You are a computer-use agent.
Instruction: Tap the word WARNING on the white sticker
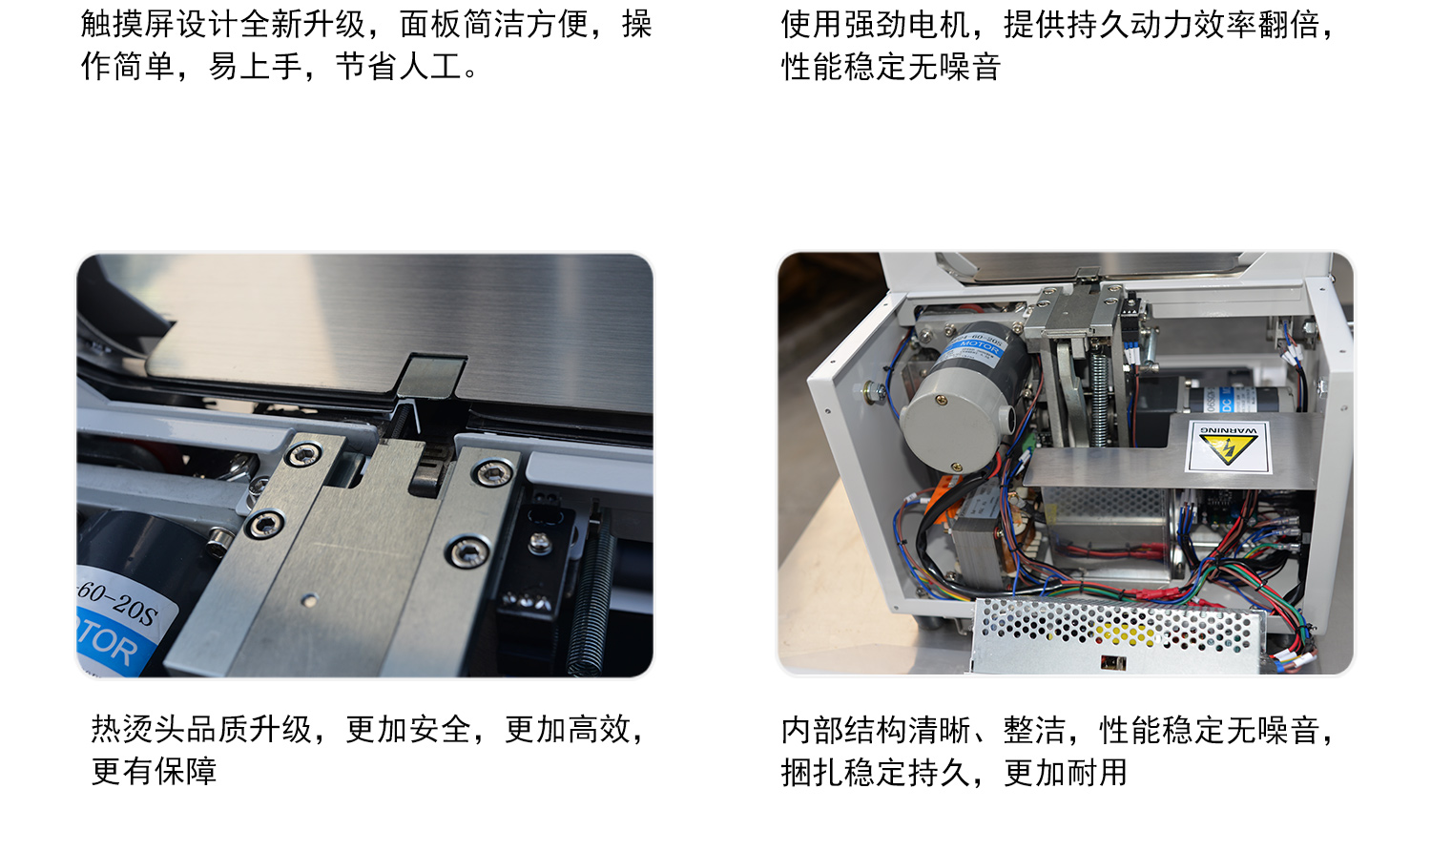1229,430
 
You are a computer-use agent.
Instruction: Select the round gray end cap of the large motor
953,425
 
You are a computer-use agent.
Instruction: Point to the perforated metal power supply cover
1118,635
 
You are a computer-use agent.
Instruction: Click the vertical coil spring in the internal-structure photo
1099,399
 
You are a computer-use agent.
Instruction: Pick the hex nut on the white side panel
871,389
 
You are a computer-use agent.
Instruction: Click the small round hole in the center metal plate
310,600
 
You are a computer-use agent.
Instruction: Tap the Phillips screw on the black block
541,543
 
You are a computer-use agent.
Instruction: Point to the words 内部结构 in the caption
843,730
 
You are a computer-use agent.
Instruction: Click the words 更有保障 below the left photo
154,771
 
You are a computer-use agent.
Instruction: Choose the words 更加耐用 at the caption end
1066,773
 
